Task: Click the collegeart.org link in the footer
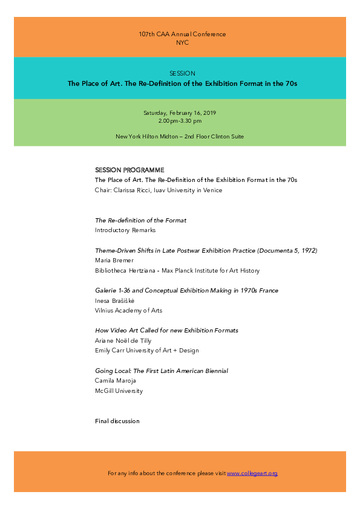coord(252,473)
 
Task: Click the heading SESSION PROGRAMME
coord(129,170)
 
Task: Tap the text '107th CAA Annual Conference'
coord(182,34)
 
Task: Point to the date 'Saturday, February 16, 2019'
coord(180,113)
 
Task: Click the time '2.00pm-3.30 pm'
coord(180,122)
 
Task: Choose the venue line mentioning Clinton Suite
coord(180,137)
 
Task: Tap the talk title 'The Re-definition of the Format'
coord(140,220)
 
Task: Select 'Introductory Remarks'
coord(125,230)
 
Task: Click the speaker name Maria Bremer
coord(114,261)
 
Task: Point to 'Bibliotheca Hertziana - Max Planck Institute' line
coord(177,271)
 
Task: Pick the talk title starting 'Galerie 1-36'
coord(186,291)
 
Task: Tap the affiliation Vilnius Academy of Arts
coord(128,311)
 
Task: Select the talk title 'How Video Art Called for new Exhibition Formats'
coord(166,331)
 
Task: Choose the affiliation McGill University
coord(119,391)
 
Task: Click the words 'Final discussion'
coord(117,421)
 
